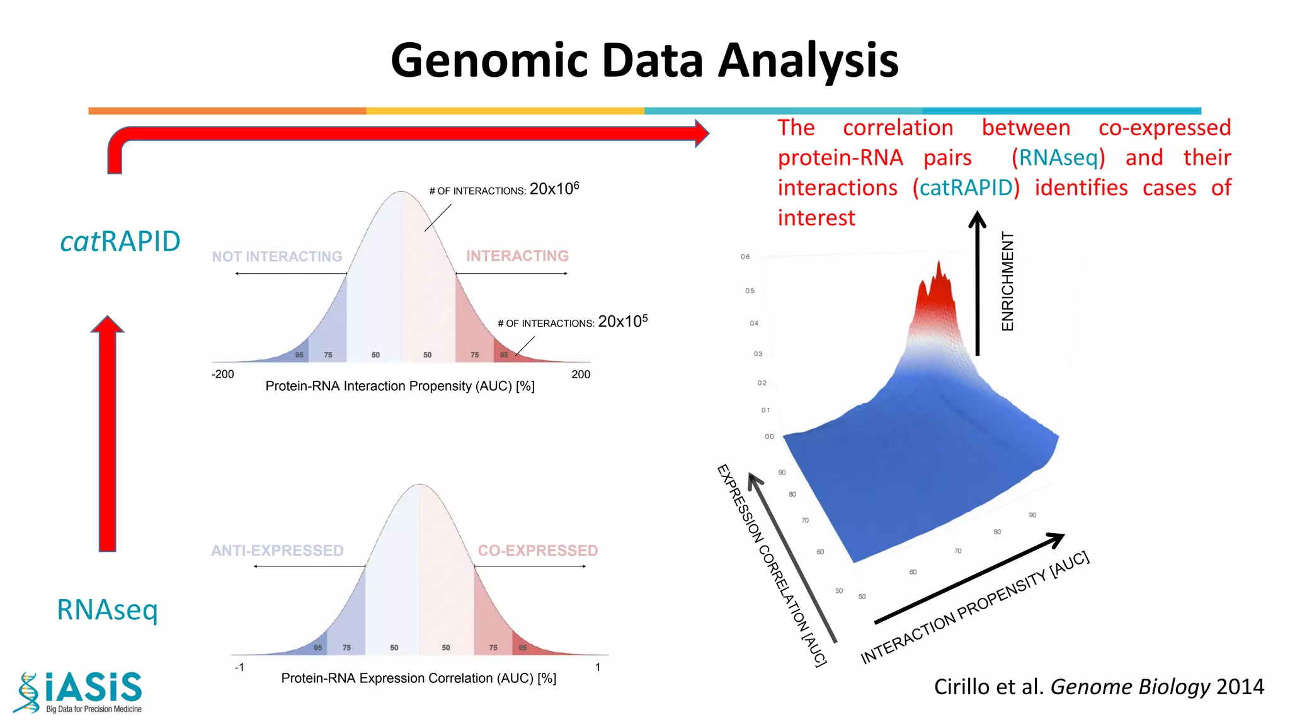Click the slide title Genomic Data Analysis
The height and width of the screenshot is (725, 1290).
(x=644, y=60)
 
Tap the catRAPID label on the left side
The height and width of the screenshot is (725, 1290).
(x=120, y=242)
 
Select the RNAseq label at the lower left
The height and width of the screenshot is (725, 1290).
(x=107, y=609)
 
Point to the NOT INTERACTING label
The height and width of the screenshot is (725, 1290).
(x=277, y=257)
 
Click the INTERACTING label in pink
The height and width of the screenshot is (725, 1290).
(x=517, y=256)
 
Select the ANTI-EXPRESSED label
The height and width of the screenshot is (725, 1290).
(x=277, y=551)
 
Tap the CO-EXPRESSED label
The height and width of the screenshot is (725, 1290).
(x=537, y=551)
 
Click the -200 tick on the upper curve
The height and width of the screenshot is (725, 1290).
(x=222, y=374)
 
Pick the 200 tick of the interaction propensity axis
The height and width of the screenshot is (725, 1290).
(x=581, y=374)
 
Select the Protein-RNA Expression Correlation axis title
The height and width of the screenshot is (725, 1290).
(x=418, y=678)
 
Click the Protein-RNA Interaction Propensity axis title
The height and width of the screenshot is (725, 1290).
(x=400, y=386)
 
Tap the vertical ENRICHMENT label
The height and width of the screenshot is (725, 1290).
(x=1008, y=281)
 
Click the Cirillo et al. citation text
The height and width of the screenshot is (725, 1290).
(x=1099, y=687)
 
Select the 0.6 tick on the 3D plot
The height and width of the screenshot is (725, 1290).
(x=745, y=257)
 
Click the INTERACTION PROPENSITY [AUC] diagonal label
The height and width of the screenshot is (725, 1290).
(x=974, y=608)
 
